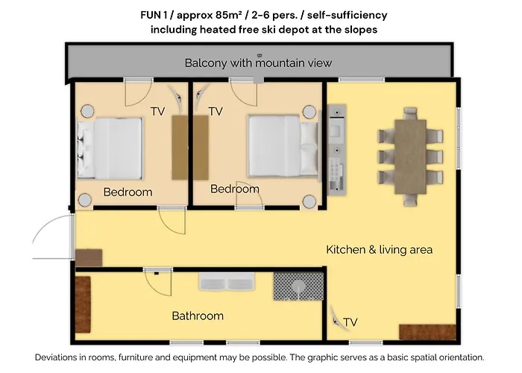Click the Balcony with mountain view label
click(x=258, y=63)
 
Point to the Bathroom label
click(x=198, y=316)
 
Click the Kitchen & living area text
click(x=379, y=249)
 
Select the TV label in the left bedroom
click(x=157, y=111)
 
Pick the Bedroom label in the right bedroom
click(x=234, y=189)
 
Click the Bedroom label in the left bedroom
click(x=128, y=192)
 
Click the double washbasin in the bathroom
click(x=227, y=282)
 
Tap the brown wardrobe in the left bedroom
click(x=180, y=147)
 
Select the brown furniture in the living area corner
click(x=421, y=333)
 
